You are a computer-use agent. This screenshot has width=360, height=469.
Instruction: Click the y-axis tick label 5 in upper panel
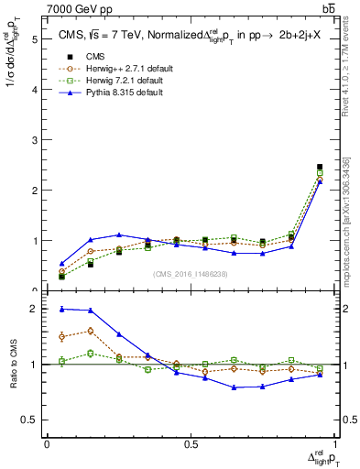pos(34,39)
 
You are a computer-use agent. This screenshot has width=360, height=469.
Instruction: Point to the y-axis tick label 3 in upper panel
pos(34,140)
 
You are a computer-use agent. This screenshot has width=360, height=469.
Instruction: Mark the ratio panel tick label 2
pos(34,310)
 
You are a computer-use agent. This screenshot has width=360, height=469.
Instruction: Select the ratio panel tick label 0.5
pos(29,420)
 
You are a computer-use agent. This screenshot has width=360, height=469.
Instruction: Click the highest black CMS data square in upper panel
pos(320,167)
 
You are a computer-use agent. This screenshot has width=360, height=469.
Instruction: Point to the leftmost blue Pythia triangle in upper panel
pos(61,264)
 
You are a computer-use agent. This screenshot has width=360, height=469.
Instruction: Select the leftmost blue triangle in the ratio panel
pos(61,309)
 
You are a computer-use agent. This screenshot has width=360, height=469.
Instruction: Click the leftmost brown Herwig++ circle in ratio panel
pos(61,337)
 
